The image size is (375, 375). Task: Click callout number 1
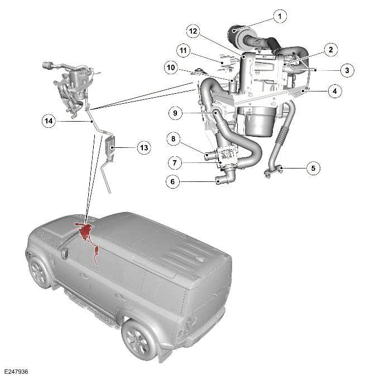point(279,16)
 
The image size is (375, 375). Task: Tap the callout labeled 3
point(347,70)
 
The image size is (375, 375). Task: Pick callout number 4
point(334,90)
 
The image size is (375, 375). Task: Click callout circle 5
point(312,167)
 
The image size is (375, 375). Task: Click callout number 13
point(144,148)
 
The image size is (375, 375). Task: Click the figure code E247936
point(16,371)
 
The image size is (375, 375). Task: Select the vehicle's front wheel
point(40,273)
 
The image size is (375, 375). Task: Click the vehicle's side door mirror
point(65,254)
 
